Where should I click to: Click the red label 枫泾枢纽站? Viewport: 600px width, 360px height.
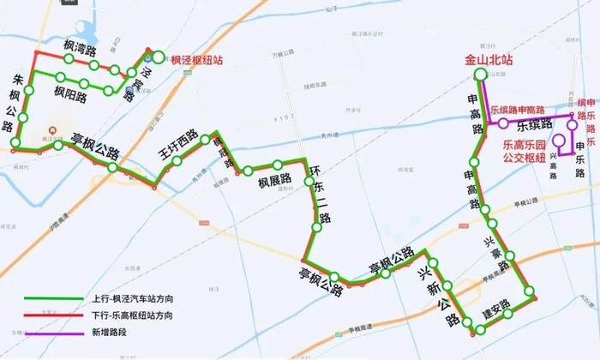tap(197, 61)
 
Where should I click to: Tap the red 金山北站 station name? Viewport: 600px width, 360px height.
tap(489, 61)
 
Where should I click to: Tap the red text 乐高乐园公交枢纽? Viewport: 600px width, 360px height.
tap(523, 152)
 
